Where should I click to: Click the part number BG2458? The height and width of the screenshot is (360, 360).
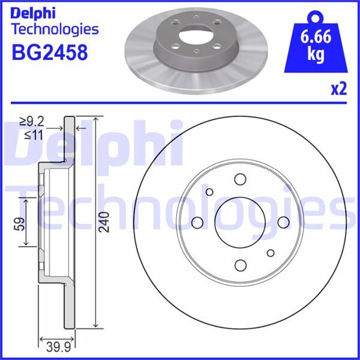(x=50, y=52)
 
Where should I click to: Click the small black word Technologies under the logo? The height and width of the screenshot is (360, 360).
(x=55, y=28)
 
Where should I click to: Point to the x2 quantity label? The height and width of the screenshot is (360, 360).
(x=339, y=90)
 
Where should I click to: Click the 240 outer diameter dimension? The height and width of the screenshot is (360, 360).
(x=106, y=222)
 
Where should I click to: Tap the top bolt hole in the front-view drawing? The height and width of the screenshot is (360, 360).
(x=241, y=179)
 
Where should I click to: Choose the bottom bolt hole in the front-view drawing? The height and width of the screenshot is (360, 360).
(x=241, y=266)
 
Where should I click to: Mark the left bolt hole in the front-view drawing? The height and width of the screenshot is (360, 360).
(x=197, y=223)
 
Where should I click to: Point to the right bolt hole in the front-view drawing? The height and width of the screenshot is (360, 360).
(x=284, y=223)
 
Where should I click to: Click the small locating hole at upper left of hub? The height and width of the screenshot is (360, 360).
(x=210, y=192)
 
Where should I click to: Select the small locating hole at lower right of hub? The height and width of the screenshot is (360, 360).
(x=271, y=253)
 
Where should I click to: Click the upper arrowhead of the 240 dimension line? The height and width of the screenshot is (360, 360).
(x=97, y=119)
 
